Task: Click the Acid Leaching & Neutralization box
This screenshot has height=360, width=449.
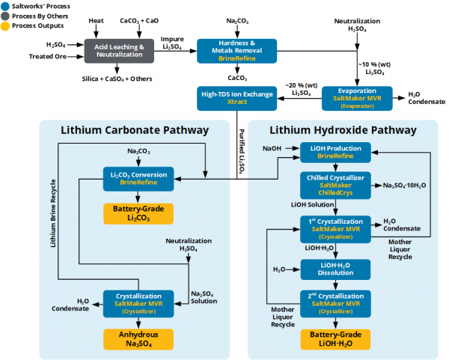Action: click(x=120, y=51)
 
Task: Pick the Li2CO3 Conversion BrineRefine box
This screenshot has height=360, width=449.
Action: click(x=140, y=177)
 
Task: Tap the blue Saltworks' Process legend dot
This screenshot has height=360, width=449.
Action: click(x=5, y=6)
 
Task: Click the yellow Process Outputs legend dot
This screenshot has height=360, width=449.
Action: click(x=5, y=27)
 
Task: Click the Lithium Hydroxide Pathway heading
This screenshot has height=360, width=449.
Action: click(x=343, y=130)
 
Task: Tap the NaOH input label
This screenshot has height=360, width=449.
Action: click(x=272, y=149)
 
